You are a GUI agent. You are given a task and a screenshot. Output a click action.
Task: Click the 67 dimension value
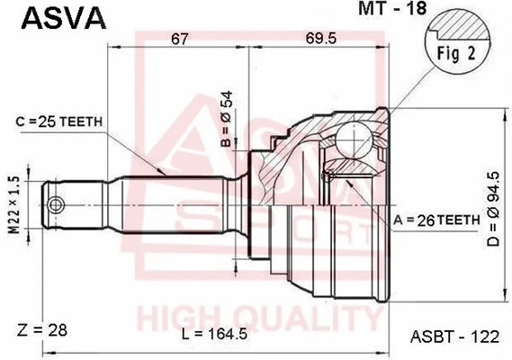pos(181,39)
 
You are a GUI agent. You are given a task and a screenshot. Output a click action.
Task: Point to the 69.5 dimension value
pos(319,39)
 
